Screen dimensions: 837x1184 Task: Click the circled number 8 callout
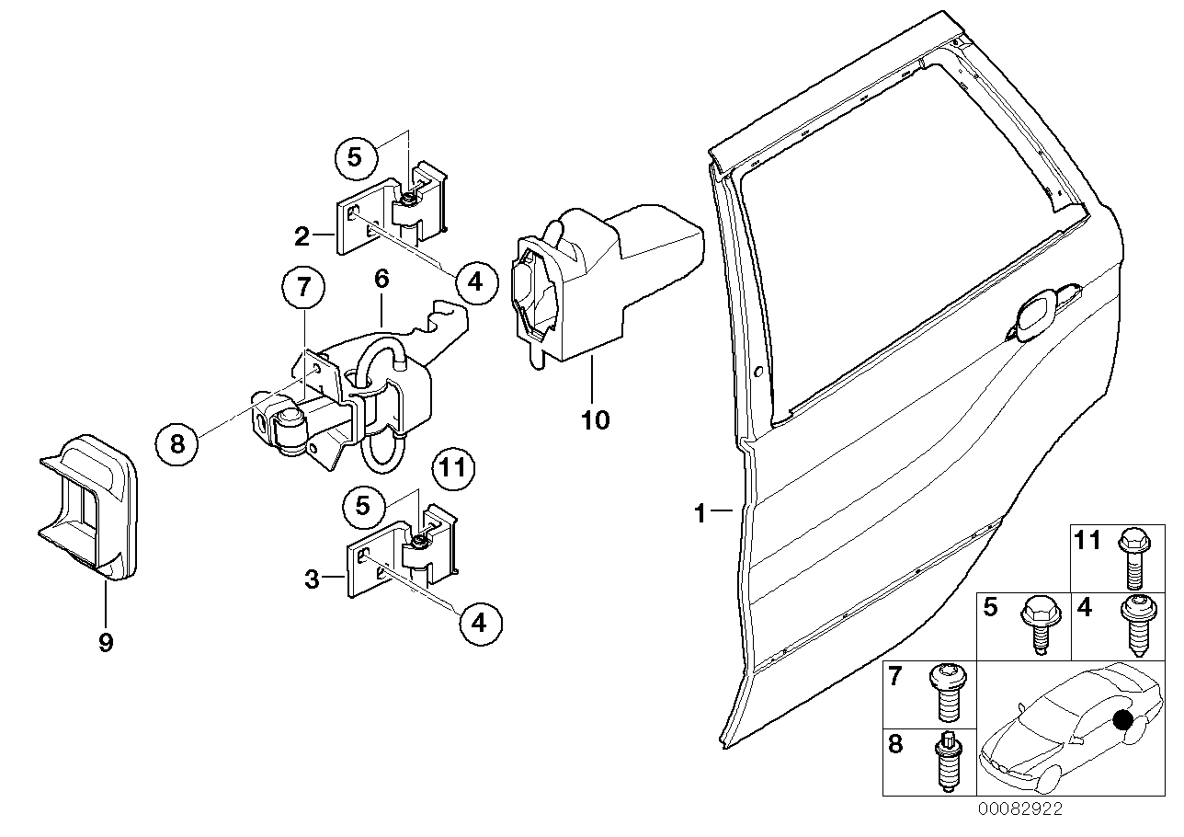click(177, 444)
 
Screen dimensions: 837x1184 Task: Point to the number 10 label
click(595, 420)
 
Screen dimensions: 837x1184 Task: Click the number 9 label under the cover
click(106, 642)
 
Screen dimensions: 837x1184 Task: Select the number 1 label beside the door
click(700, 512)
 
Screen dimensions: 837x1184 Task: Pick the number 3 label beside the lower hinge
click(313, 579)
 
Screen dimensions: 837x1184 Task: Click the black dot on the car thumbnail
click(1122, 719)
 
